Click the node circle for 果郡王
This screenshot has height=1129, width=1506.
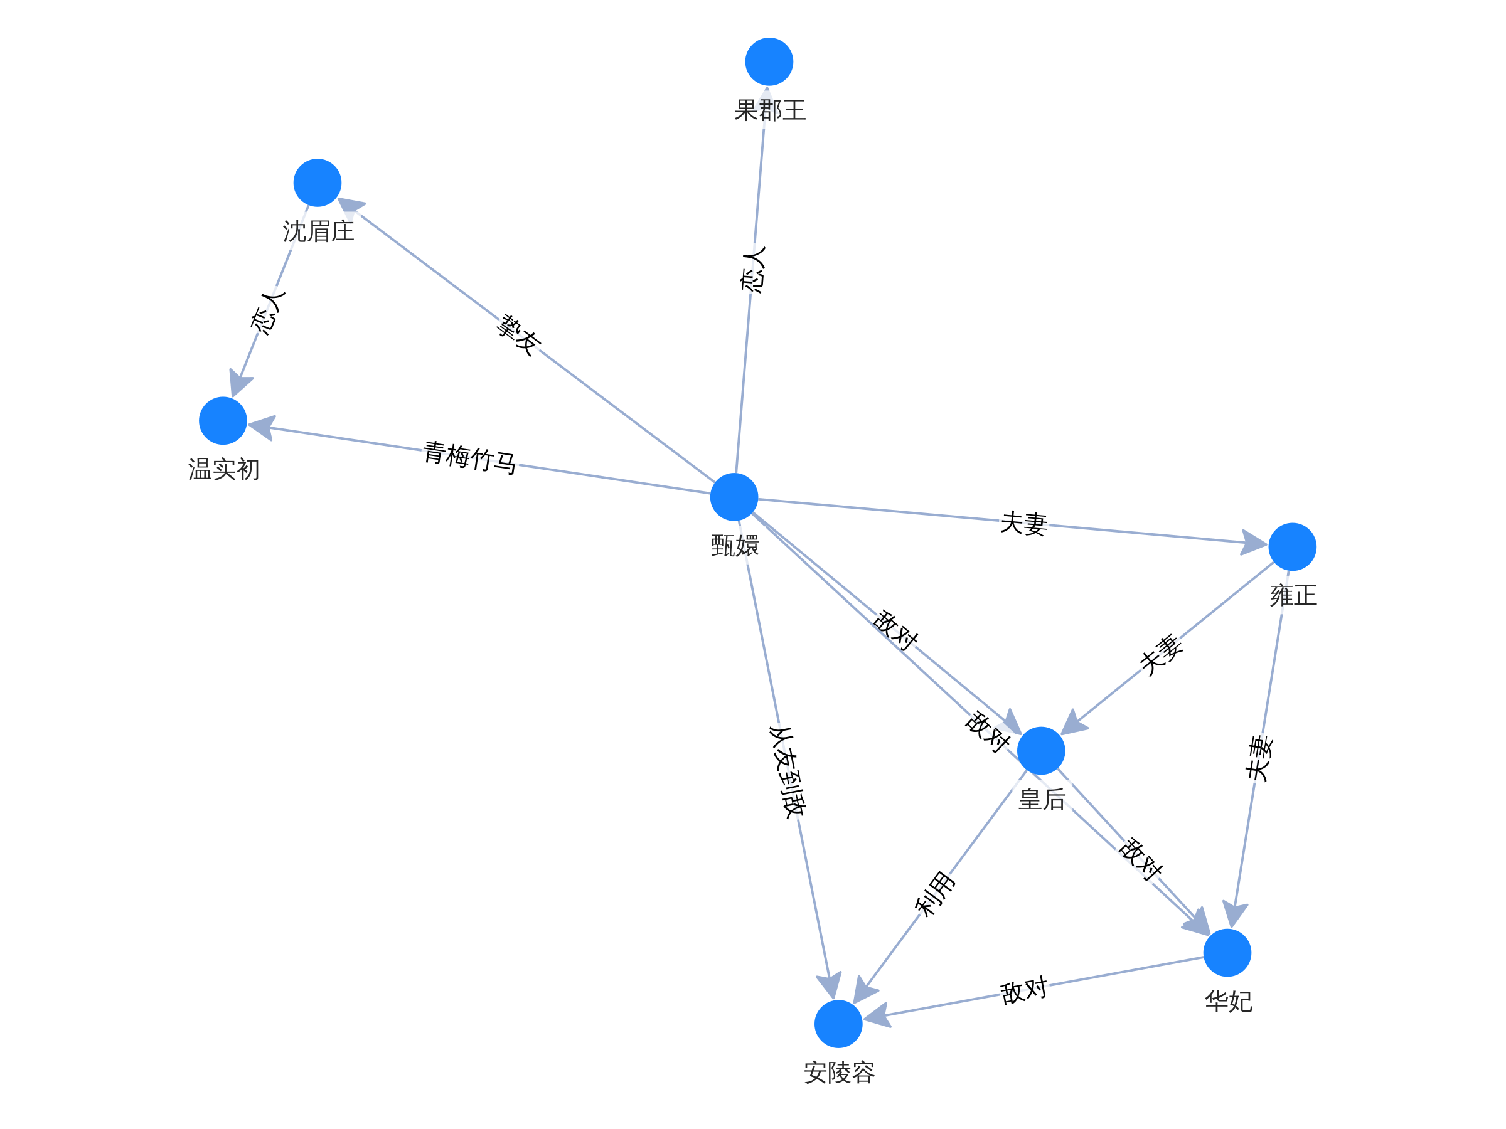769,62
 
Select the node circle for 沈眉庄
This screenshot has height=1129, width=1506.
318,183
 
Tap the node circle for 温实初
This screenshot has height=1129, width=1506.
223,421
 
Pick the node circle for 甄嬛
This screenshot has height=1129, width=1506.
734,497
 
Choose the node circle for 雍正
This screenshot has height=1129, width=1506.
1292,546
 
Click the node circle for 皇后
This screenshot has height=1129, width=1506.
1041,751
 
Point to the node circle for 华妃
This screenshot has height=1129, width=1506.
1227,952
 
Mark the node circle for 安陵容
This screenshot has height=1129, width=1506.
838,1024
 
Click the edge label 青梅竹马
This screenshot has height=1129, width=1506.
470,457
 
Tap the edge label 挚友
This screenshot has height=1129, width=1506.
518,335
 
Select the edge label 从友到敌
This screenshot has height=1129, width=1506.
788,771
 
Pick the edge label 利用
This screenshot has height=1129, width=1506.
936,893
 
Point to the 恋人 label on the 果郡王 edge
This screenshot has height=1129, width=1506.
753,270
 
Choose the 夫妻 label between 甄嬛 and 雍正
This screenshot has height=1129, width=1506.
1023,523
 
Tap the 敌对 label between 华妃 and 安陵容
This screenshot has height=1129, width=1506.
1023,990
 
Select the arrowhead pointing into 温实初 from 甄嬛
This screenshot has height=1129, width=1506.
263,427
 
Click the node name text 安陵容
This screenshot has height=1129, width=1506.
839,1073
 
